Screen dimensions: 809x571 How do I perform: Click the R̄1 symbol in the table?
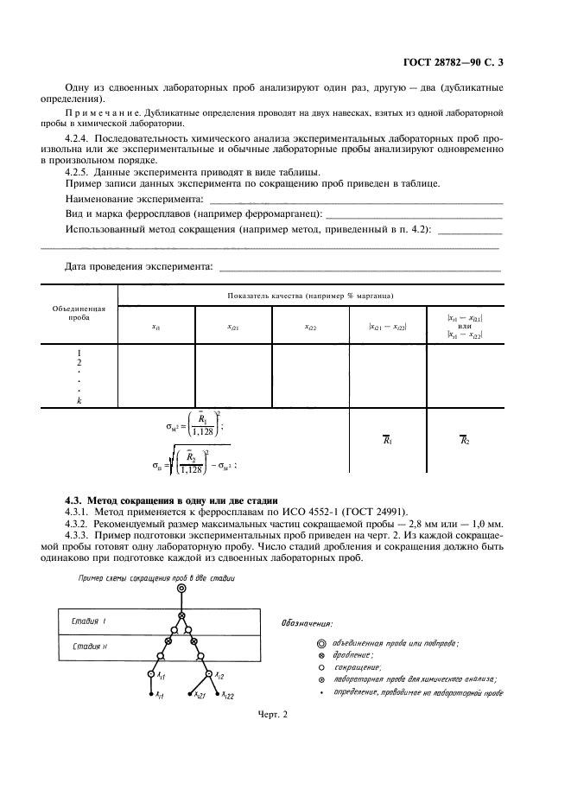tap(387, 439)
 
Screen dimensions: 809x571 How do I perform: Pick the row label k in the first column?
tap(79, 400)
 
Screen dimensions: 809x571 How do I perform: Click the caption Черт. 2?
tap(272, 714)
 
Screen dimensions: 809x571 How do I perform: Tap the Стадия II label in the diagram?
tap(90, 646)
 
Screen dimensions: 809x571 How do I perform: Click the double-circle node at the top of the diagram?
tap(181, 589)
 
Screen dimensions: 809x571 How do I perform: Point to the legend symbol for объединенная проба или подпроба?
tap(321, 643)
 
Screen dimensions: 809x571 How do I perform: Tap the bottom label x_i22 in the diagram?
tap(225, 694)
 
